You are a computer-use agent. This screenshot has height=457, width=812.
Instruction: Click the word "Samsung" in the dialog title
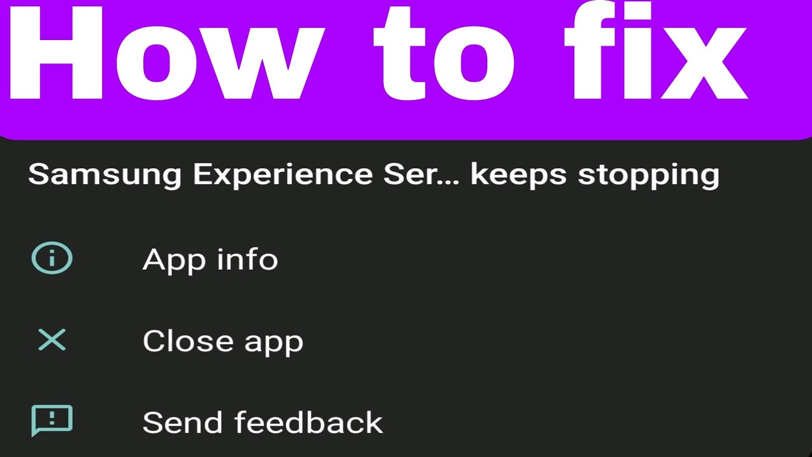click(x=105, y=175)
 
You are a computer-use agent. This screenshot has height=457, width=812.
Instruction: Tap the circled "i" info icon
click(x=52, y=259)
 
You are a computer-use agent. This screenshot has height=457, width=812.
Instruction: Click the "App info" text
click(x=210, y=260)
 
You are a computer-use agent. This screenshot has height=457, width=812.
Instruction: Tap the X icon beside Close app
click(x=52, y=340)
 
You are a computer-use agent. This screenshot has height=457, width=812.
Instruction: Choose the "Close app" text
click(x=223, y=341)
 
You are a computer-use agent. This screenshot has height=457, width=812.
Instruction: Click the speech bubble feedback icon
click(x=52, y=420)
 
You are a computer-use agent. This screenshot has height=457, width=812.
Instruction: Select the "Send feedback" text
click(x=263, y=422)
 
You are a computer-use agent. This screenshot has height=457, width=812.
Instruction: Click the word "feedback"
click(x=308, y=422)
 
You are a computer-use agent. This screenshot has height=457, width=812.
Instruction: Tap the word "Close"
click(x=180, y=341)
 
